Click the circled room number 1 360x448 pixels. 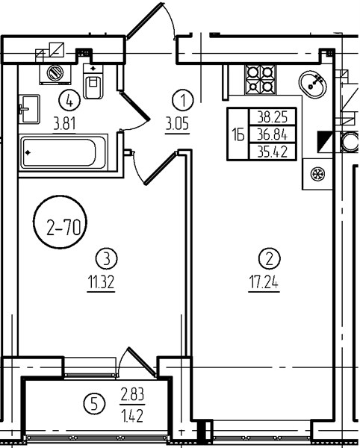pyautogui.click(x=183, y=100)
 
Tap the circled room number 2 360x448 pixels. pyautogui.click(x=270, y=258)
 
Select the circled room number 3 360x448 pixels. pyautogui.click(x=106, y=258)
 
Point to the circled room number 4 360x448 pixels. pyautogui.click(x=69, y=100)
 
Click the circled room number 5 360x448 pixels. pyautogui.click(x=94, y=405)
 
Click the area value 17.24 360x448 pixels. pyautogui.click(x=264, y=282)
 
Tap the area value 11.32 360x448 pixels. pyautogui.click(x=101, y=282)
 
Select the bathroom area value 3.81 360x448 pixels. pyautogui.click(x=64, y=125)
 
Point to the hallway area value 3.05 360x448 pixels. pyautogui.click(x=178, y=125)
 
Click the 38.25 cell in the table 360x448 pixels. pyautogui.click(x=273, y=116)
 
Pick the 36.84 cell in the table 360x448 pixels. pyautogui.click(x=273, y=134)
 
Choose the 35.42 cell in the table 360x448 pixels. pyautogui.click(x=273, y=152)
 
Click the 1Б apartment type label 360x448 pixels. pyautogui.click(x=238, y=134)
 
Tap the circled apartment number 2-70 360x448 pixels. pyautogui.click(x=60, y=222)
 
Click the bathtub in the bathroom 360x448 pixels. pyautogui.click(x=63, y=152)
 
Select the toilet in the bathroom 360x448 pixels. pyautogui.click(x=93, y=81)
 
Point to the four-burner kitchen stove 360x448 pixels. pyautogui.click(x=260, y=79)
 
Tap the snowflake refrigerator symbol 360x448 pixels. pyautogui.click(x=317, y=174)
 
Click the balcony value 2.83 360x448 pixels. pyautogui.click(x=132, y=394)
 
